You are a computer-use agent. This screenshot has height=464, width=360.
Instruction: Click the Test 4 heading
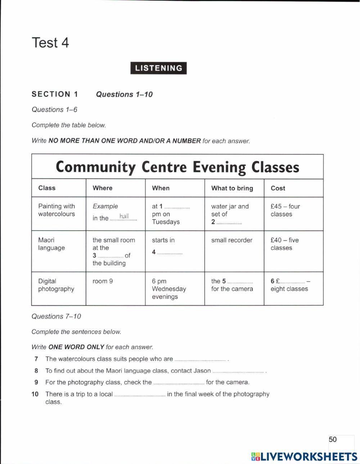(x=50, y=43)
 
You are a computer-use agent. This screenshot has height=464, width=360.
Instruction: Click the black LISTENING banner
(x=158, y=68)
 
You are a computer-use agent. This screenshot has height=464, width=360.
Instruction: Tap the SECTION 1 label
(x=55, y=94)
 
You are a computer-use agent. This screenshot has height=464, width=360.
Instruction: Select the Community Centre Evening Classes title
(x=177, y=167)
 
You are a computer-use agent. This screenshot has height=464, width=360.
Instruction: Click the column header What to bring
(x=232, y=188)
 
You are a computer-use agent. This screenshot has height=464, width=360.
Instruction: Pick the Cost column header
(x=278, y=188)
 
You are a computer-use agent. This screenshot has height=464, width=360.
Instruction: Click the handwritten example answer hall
(x=124, y=216)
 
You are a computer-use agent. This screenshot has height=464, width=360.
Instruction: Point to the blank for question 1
(x=177, y=207)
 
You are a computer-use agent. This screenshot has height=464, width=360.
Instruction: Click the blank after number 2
(x=229, y=223)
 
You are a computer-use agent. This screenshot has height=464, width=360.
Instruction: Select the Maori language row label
(x=51, y=244)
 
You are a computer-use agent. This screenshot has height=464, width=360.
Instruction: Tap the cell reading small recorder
(x=232, y=240)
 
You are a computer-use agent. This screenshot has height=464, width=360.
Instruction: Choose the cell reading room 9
(x=103, y=281)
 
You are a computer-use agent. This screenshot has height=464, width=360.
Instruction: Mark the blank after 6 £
(x=292, y=282)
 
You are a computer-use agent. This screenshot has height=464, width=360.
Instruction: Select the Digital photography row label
(x=56, y=285)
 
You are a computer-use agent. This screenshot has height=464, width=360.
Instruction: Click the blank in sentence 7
(x=200, y=360)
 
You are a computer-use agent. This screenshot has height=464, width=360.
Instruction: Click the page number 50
(x=332, y=439)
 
